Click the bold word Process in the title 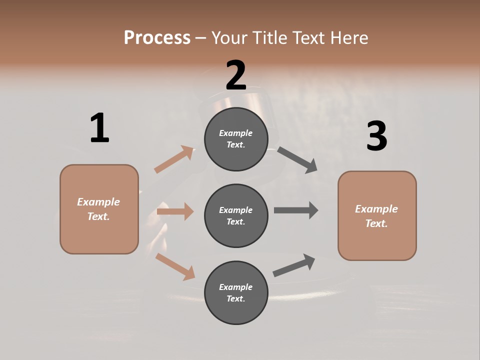coord(157,37)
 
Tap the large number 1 coord(99,128)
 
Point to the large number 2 coord(236,75)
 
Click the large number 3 coord(376,136)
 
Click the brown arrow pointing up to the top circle coord(174,159)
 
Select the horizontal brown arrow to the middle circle coord(175,211)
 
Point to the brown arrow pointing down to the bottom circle coord(175,266)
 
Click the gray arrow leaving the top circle coord(297,160)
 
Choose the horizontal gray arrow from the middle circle coord(296,210)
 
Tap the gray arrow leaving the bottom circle coord(294,265)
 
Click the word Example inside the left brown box coord(98,202)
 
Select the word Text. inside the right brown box coord(376,223)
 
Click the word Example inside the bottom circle coord(236,287)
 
